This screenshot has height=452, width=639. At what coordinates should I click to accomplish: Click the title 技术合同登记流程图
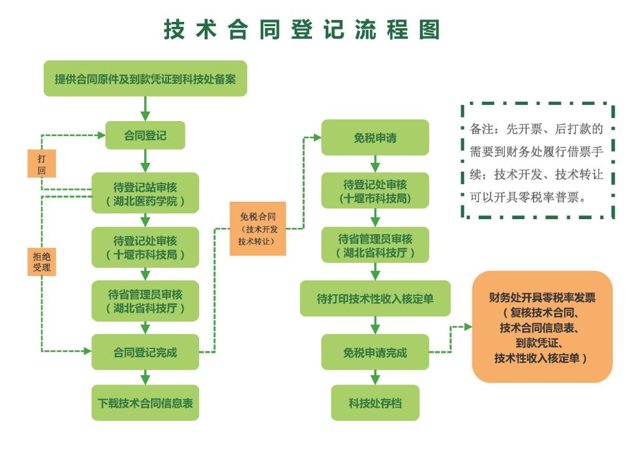(302, 29)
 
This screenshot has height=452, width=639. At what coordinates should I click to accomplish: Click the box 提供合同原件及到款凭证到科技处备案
(145, 79)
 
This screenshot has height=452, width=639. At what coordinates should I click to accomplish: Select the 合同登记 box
(145, 135)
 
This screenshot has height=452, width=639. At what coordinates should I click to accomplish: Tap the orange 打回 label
(42, 164)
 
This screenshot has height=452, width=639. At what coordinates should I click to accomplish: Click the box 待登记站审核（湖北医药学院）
(145, 193)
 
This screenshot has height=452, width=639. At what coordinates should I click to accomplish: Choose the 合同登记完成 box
(145, 352)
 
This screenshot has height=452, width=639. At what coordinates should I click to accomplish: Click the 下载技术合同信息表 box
(145, 403)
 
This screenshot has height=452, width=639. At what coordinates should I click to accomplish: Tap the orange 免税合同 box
(258, 228)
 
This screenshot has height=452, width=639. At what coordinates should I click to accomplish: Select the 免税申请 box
(375, 137)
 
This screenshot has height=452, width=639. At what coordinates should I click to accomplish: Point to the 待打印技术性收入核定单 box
(375, 298)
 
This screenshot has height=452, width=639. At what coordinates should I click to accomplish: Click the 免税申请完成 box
(375, 352)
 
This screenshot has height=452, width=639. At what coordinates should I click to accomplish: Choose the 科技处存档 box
(375, 403)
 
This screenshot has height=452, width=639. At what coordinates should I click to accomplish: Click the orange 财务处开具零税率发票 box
(542, 327)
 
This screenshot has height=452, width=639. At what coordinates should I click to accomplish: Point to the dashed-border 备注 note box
(538, 161)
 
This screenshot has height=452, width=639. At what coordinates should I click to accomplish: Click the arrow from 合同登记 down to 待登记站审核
(145, 161)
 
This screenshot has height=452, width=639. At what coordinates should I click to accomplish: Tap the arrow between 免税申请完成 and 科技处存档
(375, 377)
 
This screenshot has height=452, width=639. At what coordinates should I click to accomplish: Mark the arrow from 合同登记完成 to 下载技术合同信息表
(145, 377)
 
